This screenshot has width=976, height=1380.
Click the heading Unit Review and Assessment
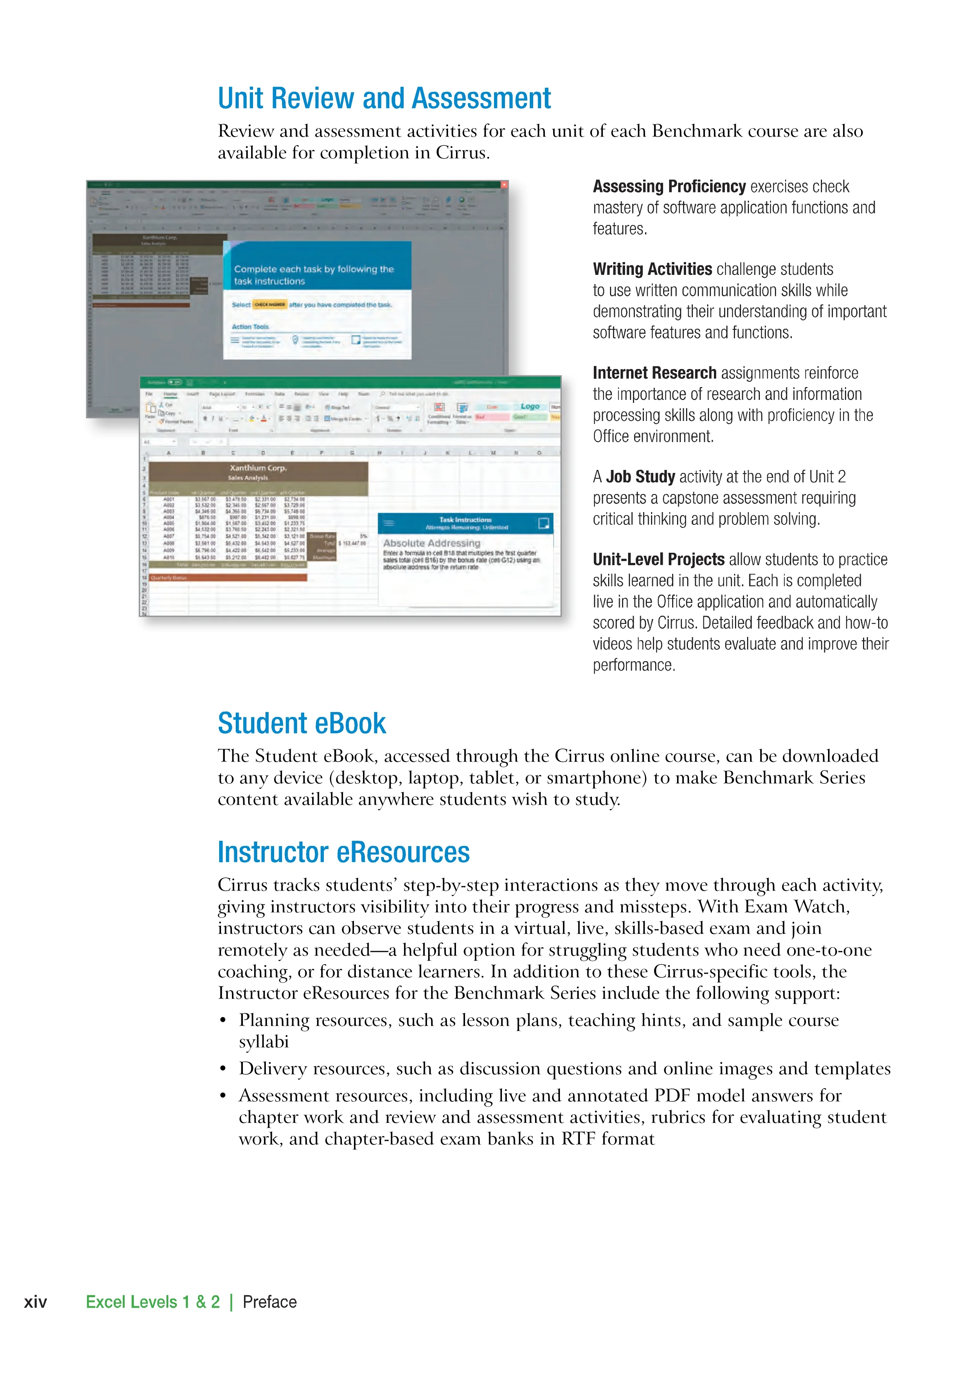pyautogui.click(x=384, y=99)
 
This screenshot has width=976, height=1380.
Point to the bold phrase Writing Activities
pyautogui.click(x=652, y=269)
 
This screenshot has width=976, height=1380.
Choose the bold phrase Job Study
pyautogui.click(x=640, y=477)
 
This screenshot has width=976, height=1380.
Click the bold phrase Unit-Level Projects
pyautogui.click(x=659, y=560)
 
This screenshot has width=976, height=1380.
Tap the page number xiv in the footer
pyautogui.click(x=35, y=1302)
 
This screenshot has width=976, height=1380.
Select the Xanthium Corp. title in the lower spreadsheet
pyautogui.click(x=258, y=468)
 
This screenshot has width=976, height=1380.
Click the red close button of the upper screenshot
pyautogui.click(x=505, y=185)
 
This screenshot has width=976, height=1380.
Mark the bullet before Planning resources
pyautogui.click(x=223, y=1020)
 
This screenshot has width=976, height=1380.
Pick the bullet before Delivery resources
pyautogui.click(x=223, y=1069)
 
